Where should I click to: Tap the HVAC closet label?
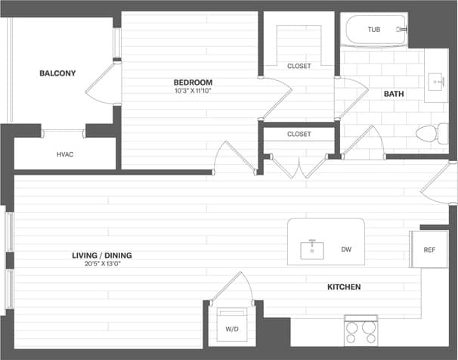pos(65,154)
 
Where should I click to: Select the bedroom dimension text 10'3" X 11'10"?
pos(193,92)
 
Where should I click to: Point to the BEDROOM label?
pos(193,82)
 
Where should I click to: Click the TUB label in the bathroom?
pos(374,29)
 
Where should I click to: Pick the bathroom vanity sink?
pos(438,79)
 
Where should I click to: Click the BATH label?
pos(394,94)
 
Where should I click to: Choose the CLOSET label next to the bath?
pos(299,66)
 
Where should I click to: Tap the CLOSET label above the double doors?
pos(299,134)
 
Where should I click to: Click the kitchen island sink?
pos(312,249)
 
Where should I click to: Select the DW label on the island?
pos(346,249)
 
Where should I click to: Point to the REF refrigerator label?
pos(429,250)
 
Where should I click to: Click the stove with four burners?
pos(361,329)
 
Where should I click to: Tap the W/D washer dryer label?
pos(232,328)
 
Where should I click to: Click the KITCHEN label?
pos(343,287)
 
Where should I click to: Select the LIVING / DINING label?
pos(103,256)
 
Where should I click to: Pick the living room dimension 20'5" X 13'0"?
pos(103,265)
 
